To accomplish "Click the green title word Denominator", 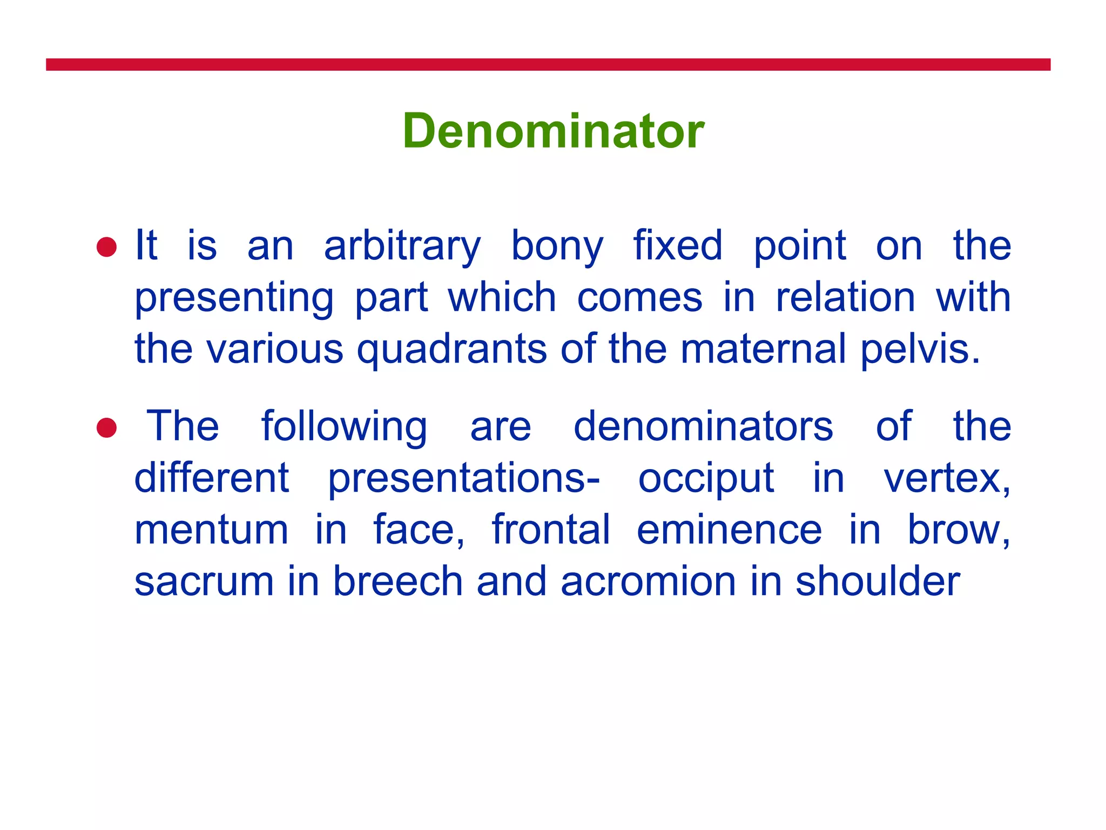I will click(x=553, y=131).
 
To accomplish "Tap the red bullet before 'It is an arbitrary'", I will click(x=106, y=247).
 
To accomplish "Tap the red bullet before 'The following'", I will click(x=106, y=427).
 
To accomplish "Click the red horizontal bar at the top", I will click(x=548, y=64).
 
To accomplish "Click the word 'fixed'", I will click(x=677, y=246).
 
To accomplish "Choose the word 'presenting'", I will click(x=234, y=299).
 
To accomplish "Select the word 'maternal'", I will click(x=763, y=349).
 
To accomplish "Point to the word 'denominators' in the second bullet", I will click(x=703, y=427).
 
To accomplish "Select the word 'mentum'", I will click(x=211, y=530).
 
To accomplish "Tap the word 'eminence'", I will click(x=729, y=530).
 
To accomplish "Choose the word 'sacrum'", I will click(x=204, y=582).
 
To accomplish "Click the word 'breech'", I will click(x=397, y=581).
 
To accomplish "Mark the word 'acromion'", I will click(x=649, y=582).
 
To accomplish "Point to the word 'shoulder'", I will click(x=878, y=581).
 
